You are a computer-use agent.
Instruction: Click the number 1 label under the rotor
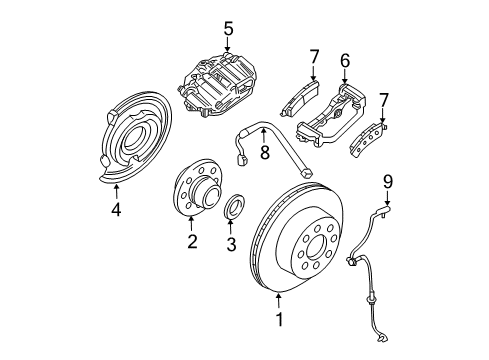click(279, 321)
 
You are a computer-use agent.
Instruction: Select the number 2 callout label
click(192, 241)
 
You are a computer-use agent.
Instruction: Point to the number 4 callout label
click(115, 210)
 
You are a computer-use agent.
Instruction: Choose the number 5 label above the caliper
click(229, 29)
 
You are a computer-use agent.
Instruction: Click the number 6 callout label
click(344, 62)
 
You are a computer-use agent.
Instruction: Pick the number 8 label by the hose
click(265, 153)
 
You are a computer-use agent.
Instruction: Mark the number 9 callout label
click(389, 181)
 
